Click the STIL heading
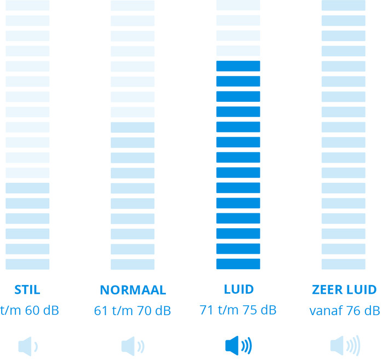[x=27, y=289]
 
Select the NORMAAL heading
[x=133, y=290]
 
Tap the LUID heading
[x=238, y=289]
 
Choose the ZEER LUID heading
[x=344, y=289]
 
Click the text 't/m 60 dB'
[x=30, y=311]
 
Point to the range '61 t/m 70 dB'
[x=132, y=311]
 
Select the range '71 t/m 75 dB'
[x=238, y=310]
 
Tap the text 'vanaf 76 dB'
[x=344, y=311]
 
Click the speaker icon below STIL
[x=28, y=346]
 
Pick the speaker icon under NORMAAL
[x=133, y=346]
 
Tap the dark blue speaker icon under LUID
[x=239, y=346]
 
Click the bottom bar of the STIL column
[x=27, y=264]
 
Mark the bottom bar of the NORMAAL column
[x=133, y=264]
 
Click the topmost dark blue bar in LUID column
[x=238, y=66]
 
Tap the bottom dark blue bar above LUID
[x=238, y=264]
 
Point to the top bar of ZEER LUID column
[x=344, y=5]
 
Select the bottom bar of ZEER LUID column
[x=344, y=264]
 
